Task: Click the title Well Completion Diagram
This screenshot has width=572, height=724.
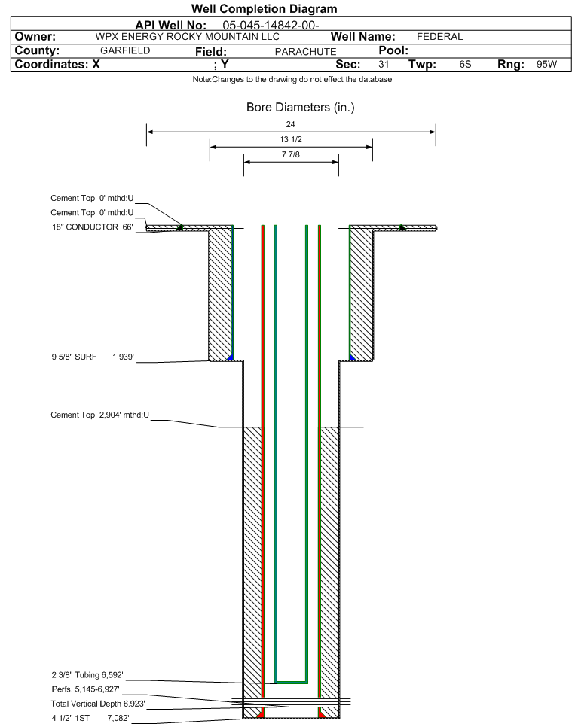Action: [264, 9]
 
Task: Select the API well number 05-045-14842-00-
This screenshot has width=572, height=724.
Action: [271, 26]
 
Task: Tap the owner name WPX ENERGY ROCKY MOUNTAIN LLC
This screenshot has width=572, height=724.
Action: [188, 37]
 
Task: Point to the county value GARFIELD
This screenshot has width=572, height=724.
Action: [125, 50]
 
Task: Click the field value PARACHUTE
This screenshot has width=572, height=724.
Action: [306, 52]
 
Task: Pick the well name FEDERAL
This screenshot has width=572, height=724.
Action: [440, 37]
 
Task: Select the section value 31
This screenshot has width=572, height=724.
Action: [384, 64]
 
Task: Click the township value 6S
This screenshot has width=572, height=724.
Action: [465, 64]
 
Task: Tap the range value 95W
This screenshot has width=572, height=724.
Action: [546, 64]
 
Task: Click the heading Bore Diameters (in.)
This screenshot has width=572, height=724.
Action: [300, 107]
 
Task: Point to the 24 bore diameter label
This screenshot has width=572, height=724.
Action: [290, 124]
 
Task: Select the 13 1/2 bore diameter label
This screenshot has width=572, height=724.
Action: [291, 139]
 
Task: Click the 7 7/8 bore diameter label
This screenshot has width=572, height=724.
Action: [291, 154]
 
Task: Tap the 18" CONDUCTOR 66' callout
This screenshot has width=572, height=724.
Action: [93, 227]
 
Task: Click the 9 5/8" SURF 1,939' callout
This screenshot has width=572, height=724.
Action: [93, 357]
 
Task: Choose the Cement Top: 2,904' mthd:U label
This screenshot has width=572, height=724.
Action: [100, 415]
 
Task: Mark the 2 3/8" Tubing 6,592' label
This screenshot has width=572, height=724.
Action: [87, 675]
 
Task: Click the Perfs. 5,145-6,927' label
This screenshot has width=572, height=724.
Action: [86, 689]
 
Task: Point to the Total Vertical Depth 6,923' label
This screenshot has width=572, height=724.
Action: [98, 704]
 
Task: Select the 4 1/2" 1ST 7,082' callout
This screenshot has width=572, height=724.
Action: [90, 718]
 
